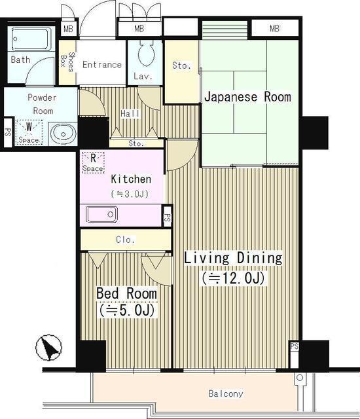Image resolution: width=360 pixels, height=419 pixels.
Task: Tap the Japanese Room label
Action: click(247, 97)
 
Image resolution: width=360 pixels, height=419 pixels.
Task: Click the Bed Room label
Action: click(126, 292)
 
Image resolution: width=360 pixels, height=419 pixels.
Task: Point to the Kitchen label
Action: click(131, 179)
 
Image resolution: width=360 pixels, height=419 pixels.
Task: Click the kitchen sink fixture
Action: click(102, 214)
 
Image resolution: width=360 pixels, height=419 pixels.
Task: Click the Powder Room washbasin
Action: click(63, 132)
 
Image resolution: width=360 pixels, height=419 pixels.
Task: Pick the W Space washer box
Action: click(28, 132)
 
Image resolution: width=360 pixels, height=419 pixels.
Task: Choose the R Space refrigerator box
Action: click(93, 162)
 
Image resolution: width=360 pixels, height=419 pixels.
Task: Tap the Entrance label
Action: click(101, 65)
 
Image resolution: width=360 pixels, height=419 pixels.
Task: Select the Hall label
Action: click(130, 114)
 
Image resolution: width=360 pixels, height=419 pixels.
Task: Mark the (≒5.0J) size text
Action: click(126, 310)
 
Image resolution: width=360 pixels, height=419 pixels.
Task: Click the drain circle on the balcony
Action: click(299, 378)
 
